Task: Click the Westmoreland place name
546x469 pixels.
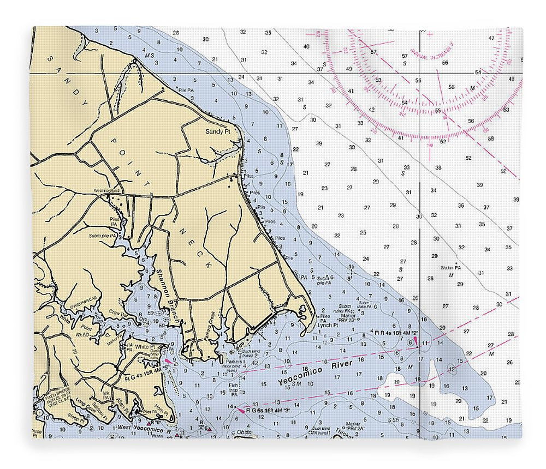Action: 106,190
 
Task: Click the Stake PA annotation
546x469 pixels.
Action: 450,268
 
